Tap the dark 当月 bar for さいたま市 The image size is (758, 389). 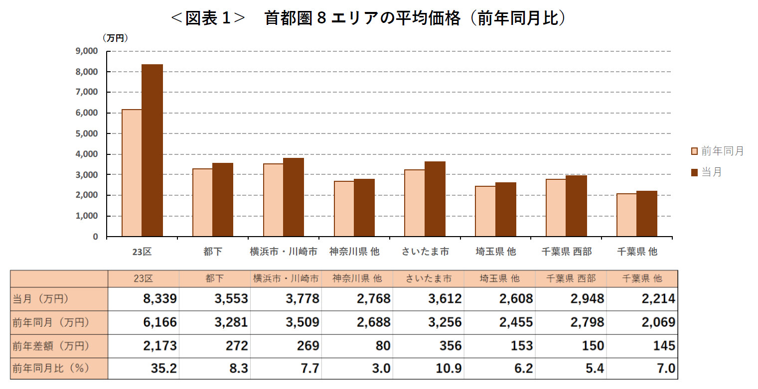click(x=435, y=199)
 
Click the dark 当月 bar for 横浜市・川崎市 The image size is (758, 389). click(x=294, y=197)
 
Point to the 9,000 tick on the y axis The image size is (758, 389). click(x=87, y=51)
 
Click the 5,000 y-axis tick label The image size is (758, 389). click(x=87, y=133)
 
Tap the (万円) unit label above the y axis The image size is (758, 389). click(x=115, y=38)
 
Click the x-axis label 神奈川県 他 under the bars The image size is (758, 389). click(x=354, y=252)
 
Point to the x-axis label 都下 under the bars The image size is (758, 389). click(x=213, y=252)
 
